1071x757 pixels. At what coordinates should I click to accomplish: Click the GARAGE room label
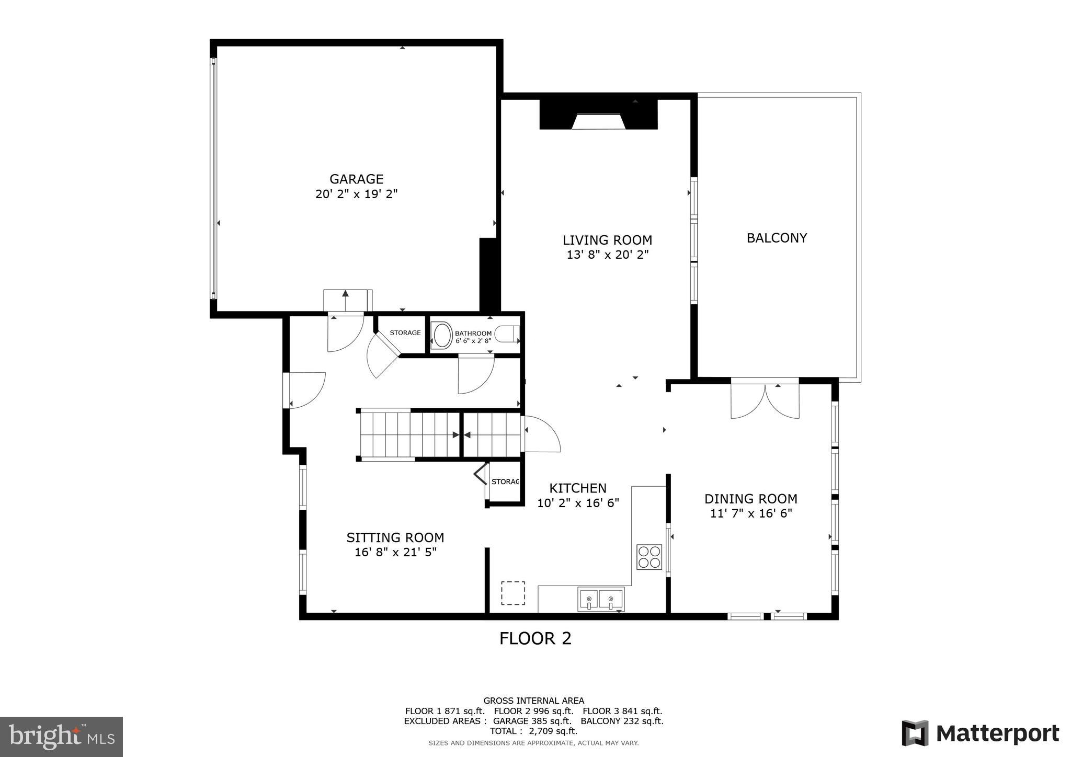[356, 179]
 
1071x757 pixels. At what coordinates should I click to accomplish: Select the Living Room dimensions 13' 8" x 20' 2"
[607, 255]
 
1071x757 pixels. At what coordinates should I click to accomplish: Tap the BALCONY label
[777, 238]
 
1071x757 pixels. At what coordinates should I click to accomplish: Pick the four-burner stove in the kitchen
[649, 557]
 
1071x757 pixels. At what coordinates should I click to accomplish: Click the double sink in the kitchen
[601, 599]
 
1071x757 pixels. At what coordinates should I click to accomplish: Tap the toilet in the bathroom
[507, 334]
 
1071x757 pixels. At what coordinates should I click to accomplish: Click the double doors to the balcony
[765, 400]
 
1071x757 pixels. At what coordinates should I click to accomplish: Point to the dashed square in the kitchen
[513, 593]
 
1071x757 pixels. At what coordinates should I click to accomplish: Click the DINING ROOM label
[750, 499]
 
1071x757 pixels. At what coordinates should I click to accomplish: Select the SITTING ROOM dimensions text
[395, 553]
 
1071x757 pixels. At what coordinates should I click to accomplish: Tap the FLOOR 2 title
[535, 638]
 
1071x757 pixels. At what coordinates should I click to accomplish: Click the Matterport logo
[980, 733]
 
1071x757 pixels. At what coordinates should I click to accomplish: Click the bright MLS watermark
[61, 737]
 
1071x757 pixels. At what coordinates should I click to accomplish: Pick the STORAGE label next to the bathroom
[405, 332]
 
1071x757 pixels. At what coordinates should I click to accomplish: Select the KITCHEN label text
[577, 488]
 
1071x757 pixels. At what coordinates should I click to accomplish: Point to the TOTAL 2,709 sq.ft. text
[533, 731]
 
